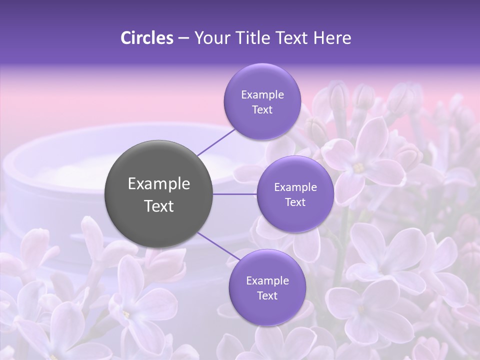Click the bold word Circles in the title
[x=147, y=38]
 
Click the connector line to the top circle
[x=216, y=141]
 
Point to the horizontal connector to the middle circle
[x=235, y=194]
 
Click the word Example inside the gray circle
[x=159, y=184]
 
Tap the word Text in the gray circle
[x=159, y=206]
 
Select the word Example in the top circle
[x=262, y=95]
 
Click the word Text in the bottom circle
[x=267, y=295]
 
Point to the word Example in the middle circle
[x=295, y=187]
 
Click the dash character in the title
[x=183, y=38]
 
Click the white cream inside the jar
[x=75, y=172]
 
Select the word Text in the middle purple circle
[x=295, y=202]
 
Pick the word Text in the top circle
[x=262, y=109]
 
